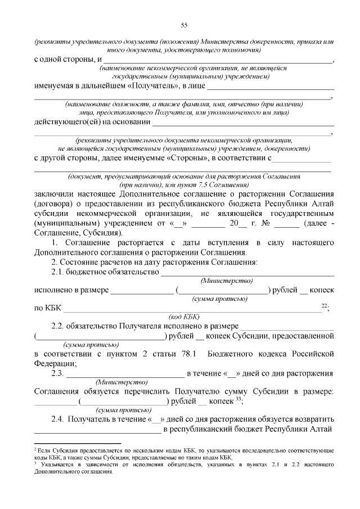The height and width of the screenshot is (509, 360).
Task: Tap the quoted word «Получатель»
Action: click(x=152, y=86)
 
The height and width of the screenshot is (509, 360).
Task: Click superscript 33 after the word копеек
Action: click(x=238, y=399)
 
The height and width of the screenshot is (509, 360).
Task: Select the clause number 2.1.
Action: click(x=58, y=272)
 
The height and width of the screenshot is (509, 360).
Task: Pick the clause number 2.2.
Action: click(x=58, y=326)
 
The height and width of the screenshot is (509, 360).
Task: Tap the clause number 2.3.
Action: click(x=58, y=373)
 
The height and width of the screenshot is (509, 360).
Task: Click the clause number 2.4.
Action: click(x=58, y=420)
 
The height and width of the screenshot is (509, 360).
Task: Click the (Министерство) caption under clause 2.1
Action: click(x=226, y=280)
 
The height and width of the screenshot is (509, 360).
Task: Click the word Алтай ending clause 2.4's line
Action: click(x=322, y=430)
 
